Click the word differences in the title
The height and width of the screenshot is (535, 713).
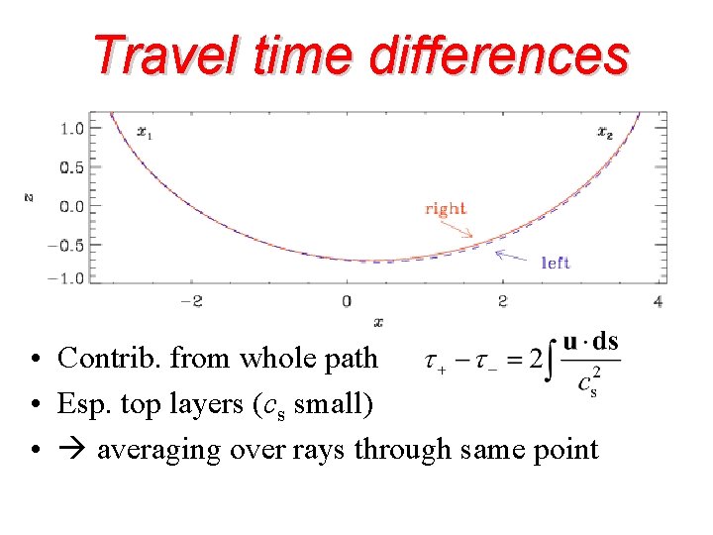[x=498, y=55]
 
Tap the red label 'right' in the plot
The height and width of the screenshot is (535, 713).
[x=445, y=208]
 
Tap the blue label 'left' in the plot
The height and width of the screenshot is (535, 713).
[x=556, y=263]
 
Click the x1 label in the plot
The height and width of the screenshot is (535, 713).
[x=145, y=132]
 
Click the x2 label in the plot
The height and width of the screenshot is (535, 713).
[x=605, y=132]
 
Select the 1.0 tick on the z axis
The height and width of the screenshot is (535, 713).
[x=71, y=128]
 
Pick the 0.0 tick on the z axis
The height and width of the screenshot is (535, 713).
[x=71, y=206]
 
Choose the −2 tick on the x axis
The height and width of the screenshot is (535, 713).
[x=189, y=300]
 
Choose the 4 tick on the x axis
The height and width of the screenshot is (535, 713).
[x=659, y=300]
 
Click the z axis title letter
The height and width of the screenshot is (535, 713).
[x=29, y=198]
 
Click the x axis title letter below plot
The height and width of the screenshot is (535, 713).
[x=377, y=321]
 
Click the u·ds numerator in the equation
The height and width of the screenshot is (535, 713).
[x=590, y=342]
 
